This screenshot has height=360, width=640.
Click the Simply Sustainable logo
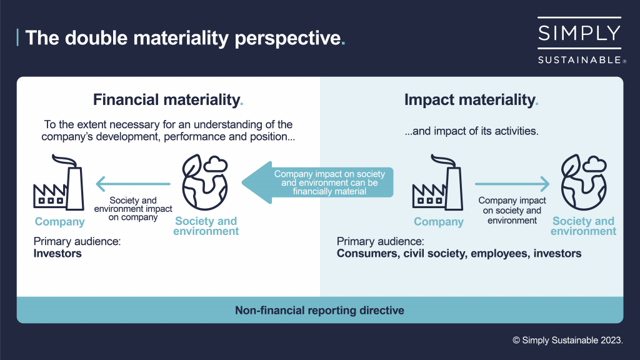pyautogui.click(x=579, y=41)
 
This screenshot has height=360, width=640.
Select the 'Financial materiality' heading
pyautogui.click(x=167, y=99)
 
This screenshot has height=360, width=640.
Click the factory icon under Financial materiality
pyautogui.click(x=59, y=185)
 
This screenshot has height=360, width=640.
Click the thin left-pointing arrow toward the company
pyautogui.click(x=132, y=184)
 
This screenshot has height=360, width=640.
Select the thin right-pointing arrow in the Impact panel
pyautogui.click(x=512, y=184)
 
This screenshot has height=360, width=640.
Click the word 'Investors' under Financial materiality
pyautogui.click(x=57, y=254)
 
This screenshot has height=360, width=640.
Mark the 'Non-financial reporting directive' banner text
pyautogui.click(x=319, y=310)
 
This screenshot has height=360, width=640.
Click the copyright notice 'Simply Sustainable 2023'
pyautogui.click(x=567, y=340)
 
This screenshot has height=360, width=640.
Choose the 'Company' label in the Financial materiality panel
pyautogui.click(x=59, y=221)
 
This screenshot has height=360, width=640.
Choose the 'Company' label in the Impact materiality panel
pyautogui.click(x=439, y=221)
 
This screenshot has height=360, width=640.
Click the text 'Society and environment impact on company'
pyautogui.click(x=132, y=209)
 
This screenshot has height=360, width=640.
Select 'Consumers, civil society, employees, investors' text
pyautogui.click(x=459, y=254)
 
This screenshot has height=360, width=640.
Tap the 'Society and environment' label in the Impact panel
pyautogui.click(x=583, y=226)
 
